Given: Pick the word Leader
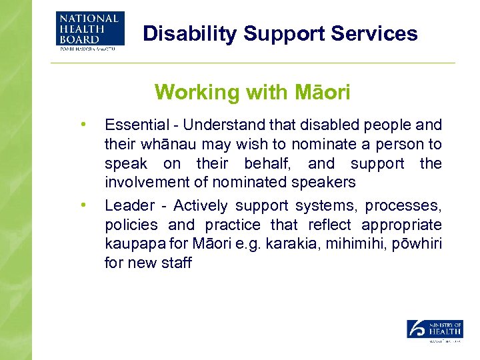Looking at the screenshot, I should click(126, 206).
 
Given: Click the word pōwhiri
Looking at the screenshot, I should click(419, 244).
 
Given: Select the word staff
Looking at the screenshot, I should click(177, 263).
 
